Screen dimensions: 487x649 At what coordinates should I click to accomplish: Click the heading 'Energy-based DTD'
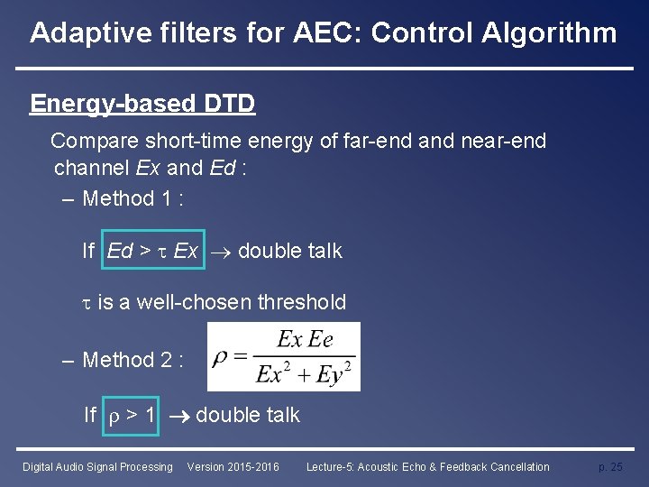coord(142,104)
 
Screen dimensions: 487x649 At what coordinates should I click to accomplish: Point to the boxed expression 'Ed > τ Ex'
coord(152,251)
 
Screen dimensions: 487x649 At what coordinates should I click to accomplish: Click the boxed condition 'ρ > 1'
coord(132,415)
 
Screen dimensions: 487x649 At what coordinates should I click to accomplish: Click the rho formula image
coord(283,357)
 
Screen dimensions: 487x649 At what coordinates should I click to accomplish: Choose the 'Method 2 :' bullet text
coord(133,360)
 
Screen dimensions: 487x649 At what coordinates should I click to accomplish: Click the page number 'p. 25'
coord(610,467)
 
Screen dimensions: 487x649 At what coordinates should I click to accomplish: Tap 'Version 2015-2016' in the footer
coord(233,467)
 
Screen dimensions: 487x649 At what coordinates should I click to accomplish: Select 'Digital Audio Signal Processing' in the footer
coord(97,467)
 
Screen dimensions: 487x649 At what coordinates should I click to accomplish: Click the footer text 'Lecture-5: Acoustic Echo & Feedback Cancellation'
coord(427,467)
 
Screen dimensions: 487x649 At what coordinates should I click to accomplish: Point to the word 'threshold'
coord(302,302)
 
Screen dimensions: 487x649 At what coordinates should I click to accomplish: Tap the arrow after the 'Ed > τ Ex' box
coord(220,252)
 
